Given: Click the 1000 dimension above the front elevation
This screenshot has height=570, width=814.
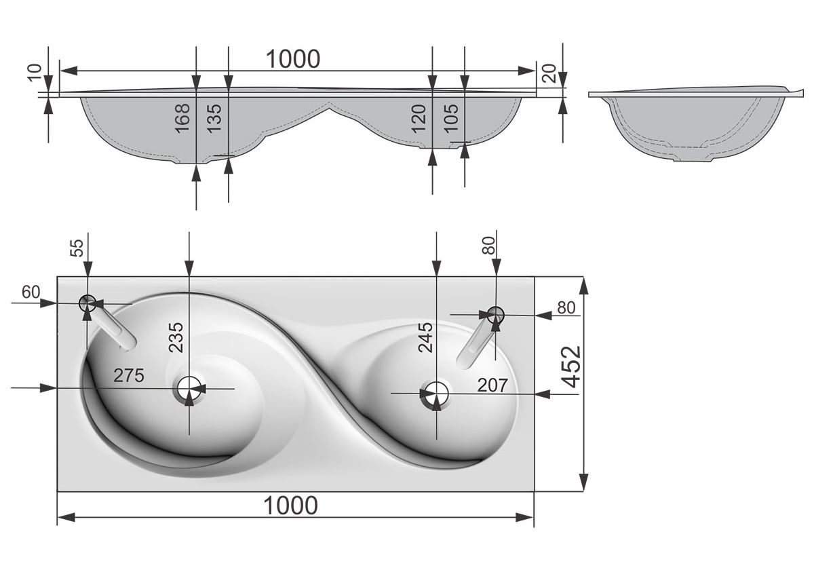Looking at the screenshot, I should pyautogui.click(x=292, y=59).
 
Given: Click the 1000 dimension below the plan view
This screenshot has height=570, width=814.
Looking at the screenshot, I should pyautogui.click(x=290, y=506).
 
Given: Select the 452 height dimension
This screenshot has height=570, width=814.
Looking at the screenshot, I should pyautogui.click(x=571, y=366).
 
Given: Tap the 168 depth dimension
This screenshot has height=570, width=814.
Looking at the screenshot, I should pyautogui.click(x=182, y=117).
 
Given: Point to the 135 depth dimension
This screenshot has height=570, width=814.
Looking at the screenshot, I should pyautogui.click(x=214, y=117).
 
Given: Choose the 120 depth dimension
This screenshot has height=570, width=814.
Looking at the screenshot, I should pyautogui.click(x=419, y=117).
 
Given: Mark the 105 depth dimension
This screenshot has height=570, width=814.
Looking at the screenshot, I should pyautogui.click(x=450, y=117).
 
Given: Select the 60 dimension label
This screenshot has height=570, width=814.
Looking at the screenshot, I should pyautogui.click(x=31, y=292).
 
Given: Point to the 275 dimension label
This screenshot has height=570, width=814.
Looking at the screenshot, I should pyautogui.click(x=129, y=375).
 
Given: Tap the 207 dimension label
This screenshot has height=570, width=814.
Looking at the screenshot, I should pyautogui.click(x=492, y=385).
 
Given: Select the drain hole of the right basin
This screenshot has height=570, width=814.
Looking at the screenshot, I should pyautogui.click(x=435, y=393).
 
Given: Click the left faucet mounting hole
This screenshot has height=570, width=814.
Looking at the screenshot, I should pyautogui.click(x=88, y=303).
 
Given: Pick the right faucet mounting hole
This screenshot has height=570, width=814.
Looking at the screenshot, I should pyautogui.click(x=496, y=313).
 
